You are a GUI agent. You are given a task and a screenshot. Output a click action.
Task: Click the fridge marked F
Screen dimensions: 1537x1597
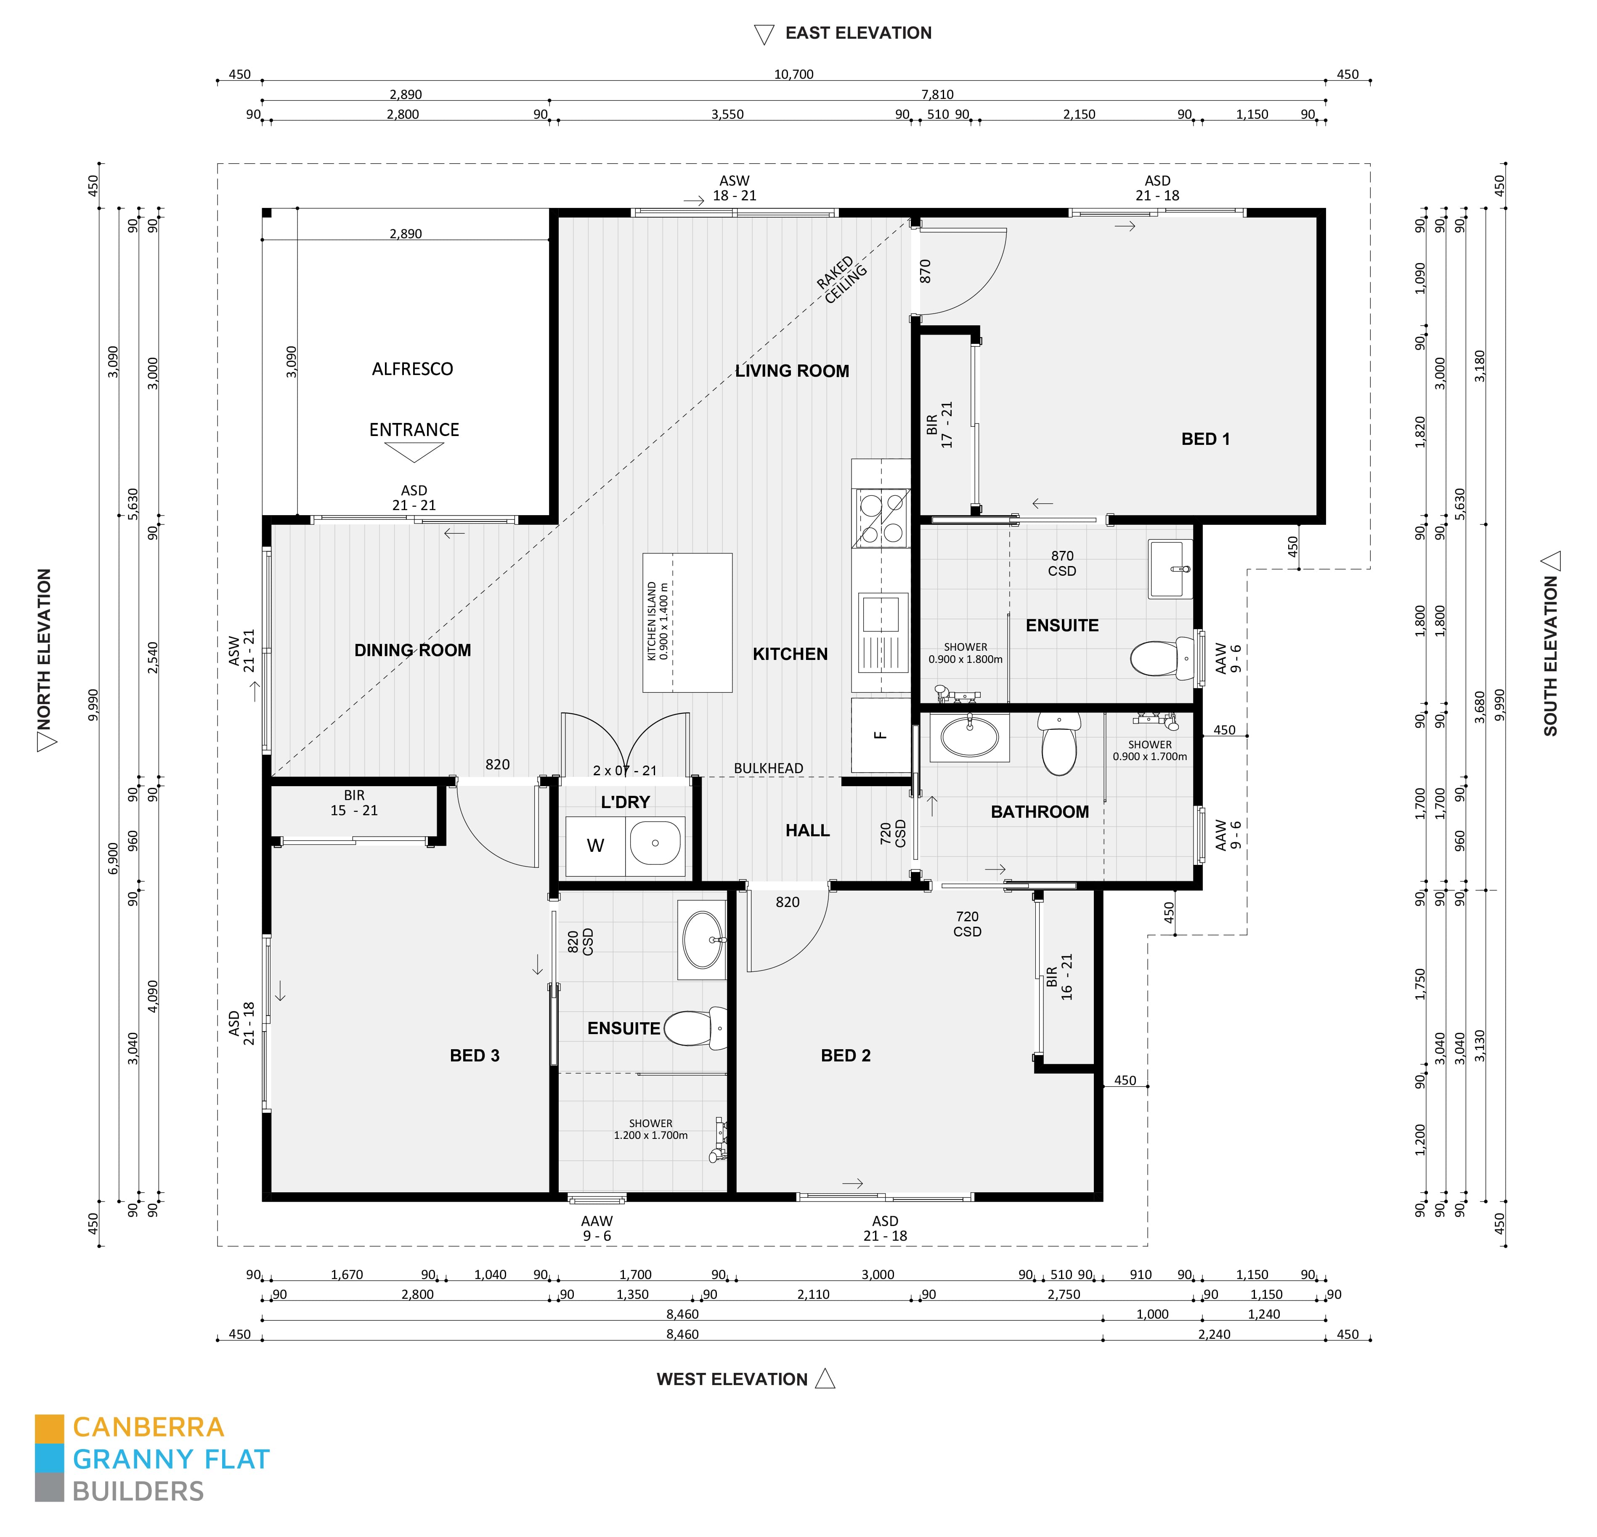pyautogui.click(x=880, y=735)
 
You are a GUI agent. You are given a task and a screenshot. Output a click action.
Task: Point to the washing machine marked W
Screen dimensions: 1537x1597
pyautogui.click(x=596, y=846)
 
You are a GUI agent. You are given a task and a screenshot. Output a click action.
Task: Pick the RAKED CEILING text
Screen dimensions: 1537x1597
pyautogui.click(x=842, y=279)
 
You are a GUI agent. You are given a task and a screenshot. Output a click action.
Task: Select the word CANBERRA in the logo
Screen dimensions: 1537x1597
pyautogui.click(x=148, y=1427)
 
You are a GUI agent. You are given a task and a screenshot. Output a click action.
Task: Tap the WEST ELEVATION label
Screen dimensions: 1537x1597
pyautogui.click(x=732, y=1379)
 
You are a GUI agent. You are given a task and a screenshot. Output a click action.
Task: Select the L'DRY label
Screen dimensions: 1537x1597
pyautogui.click(x=625, y=802)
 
